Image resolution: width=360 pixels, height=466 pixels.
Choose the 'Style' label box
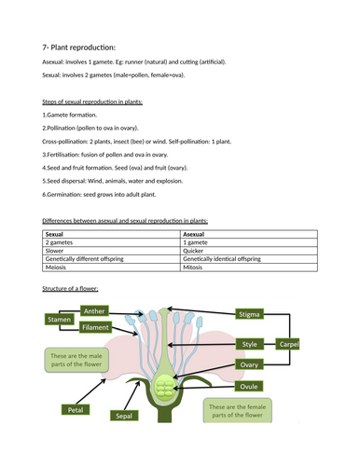(x=250, y=344)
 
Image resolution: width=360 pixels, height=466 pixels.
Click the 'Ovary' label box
(x=250, y=364)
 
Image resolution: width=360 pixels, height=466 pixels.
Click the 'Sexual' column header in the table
(x=57, y=232)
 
